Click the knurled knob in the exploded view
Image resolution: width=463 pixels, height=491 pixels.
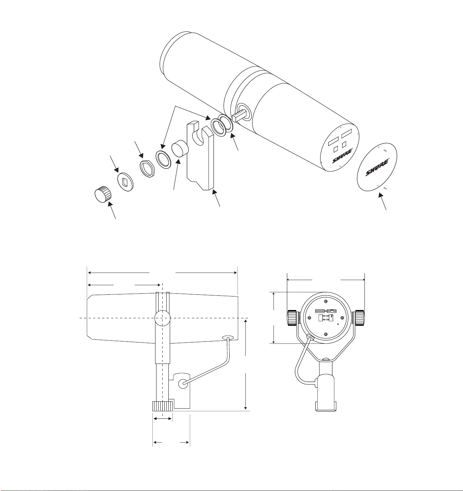(x=103, y=195)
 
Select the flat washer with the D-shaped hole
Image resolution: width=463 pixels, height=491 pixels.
(x=125, y=182)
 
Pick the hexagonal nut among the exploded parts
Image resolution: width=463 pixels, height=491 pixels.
(x=148, y=169)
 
